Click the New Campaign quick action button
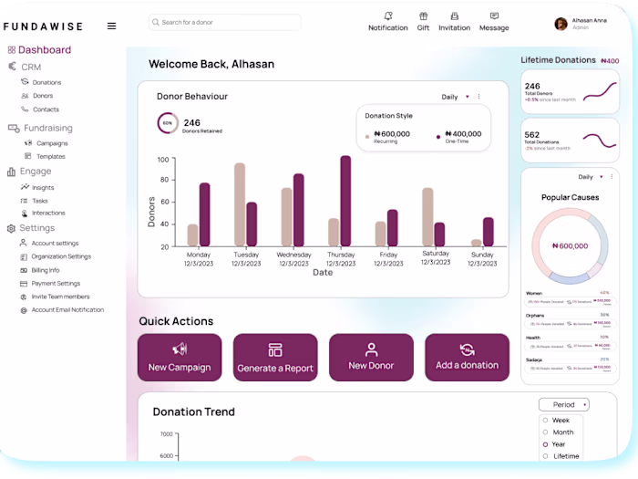180,357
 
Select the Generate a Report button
275,357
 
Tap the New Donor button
371,357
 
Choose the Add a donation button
467,357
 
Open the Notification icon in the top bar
388,16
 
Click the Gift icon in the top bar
423,16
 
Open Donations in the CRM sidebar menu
46,82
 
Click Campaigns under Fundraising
52,143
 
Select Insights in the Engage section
43,188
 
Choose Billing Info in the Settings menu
46,270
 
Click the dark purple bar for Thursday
345,201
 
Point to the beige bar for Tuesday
240,204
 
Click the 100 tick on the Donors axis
163,160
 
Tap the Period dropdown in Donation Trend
563,404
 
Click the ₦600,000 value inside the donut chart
570,245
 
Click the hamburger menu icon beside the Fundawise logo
111,26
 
